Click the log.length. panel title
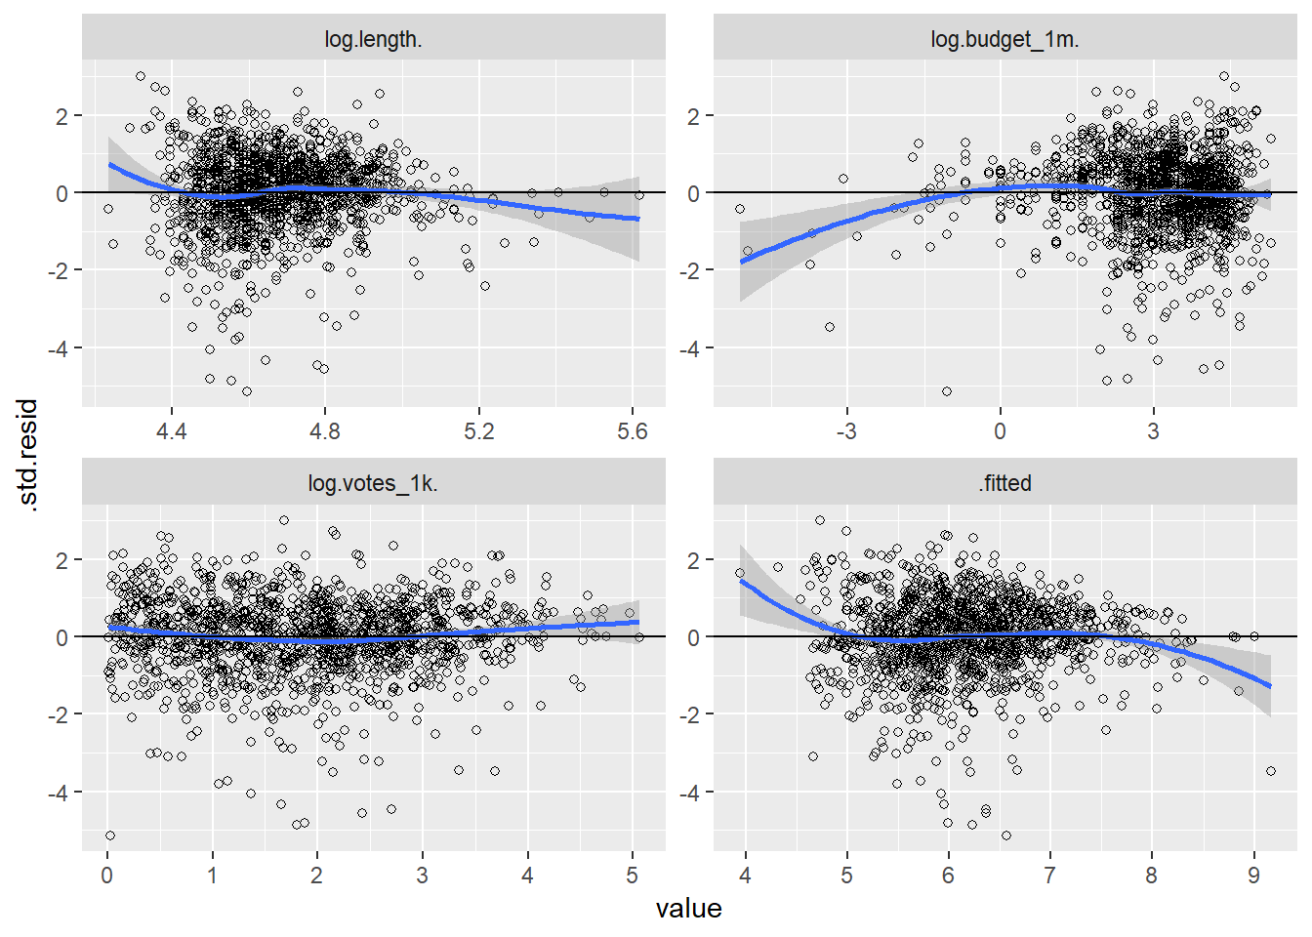pos(373,39)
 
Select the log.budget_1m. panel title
pos(1004,39)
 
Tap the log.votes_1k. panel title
pos(373,483)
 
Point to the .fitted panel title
pos(1004,483)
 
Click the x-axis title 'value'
pos(688,909)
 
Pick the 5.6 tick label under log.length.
pos(632,431)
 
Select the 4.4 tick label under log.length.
pos(171,431)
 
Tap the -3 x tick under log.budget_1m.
pos(845,431)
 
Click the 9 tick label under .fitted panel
pos(1253,876)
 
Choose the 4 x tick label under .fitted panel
pos(745,876)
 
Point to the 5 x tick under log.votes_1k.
pos(632,876)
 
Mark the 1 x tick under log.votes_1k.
pos(212,876)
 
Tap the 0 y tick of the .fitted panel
pos(694,637)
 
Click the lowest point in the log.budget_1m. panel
pos(946,391)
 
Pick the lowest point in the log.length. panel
pos(247,391)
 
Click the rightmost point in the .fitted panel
pos(1271,771)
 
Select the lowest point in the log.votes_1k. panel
pos(110,835)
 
